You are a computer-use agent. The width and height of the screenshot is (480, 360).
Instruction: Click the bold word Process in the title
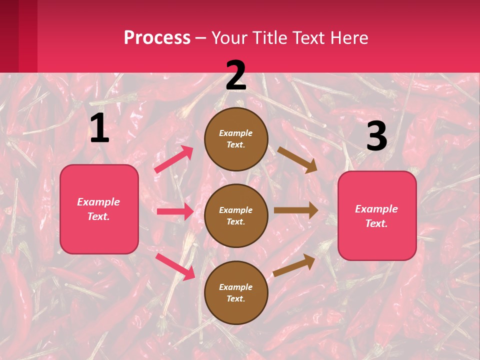click(x=157, y=38)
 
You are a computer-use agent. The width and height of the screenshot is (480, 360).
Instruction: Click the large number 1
click(x=99, y=128)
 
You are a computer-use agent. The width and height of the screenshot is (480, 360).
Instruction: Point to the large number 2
click(x=236, y=75)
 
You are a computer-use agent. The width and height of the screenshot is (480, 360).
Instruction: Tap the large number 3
click(x=376, y=136)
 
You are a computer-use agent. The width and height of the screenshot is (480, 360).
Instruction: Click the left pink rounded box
click(x=99, y=209)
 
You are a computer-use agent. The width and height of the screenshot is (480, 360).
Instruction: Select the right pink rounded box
click(x=377, y=215)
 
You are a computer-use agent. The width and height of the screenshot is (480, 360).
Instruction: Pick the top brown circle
click(x=236, y=138)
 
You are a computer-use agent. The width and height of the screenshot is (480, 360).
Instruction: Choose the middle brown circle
click(x=236, y=215)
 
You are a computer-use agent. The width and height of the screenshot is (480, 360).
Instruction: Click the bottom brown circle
click(x=236, y=292)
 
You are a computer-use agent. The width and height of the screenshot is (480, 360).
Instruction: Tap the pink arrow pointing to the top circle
click(x=174, y=159)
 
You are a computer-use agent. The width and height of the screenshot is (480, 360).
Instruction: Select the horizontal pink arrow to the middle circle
click(x=175, y=211)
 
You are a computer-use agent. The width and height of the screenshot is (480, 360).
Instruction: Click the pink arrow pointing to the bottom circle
click(x=175, y=266)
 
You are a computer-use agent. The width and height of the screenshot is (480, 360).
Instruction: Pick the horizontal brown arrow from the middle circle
click(x=295, y=210)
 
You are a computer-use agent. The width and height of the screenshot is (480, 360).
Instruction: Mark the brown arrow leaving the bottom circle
click(x=294, y=265)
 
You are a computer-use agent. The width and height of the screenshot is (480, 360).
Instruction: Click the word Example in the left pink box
click(x=98, y=202)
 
